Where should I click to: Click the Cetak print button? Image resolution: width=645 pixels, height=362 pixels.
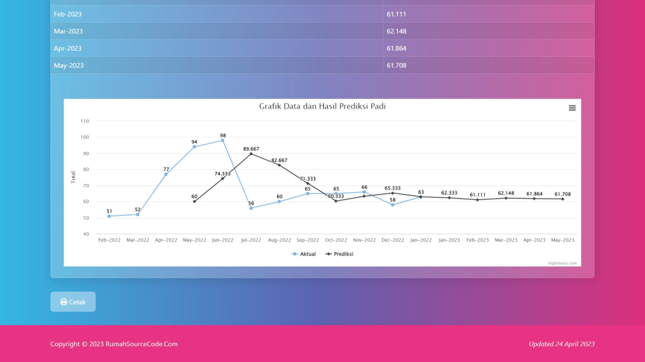tap(73, 302)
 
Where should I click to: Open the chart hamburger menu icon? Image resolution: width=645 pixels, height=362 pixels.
tap(572, 108)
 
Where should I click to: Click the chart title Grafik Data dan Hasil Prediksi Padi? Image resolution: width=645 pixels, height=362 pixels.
tap(322, 107)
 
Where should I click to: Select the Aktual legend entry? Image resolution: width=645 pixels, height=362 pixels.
tap(304, 254)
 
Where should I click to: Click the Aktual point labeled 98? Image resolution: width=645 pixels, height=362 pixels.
tap(223, 141)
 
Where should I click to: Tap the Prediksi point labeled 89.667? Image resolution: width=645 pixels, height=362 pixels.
tap(251, 154)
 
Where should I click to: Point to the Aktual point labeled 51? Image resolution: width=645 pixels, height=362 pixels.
tap(110, 216)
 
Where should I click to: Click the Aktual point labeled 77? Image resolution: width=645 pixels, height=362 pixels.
tap(166, 175)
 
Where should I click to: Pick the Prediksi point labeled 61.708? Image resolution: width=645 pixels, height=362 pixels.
tap(562, 199)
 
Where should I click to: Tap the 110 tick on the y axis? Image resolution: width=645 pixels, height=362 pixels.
tap(84, 121)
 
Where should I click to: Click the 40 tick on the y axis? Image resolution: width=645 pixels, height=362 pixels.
tap(86, 234)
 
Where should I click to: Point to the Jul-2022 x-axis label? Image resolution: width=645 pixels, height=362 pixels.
tap(251, 240)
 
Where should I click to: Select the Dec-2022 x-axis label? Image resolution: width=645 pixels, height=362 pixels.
tap(393, 240)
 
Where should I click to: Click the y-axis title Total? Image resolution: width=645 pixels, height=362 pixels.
tap(73, 177)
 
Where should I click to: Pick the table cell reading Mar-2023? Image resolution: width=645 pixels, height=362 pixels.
tap(69, 31)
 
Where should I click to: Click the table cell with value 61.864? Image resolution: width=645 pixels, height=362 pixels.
tap(396, 49)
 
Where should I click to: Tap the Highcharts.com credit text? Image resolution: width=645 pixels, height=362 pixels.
tap(562, 263)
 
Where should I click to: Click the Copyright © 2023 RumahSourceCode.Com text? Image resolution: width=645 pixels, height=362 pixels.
tap(114, 344)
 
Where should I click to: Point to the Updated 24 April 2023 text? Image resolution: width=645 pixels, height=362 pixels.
tap(561, 344)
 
